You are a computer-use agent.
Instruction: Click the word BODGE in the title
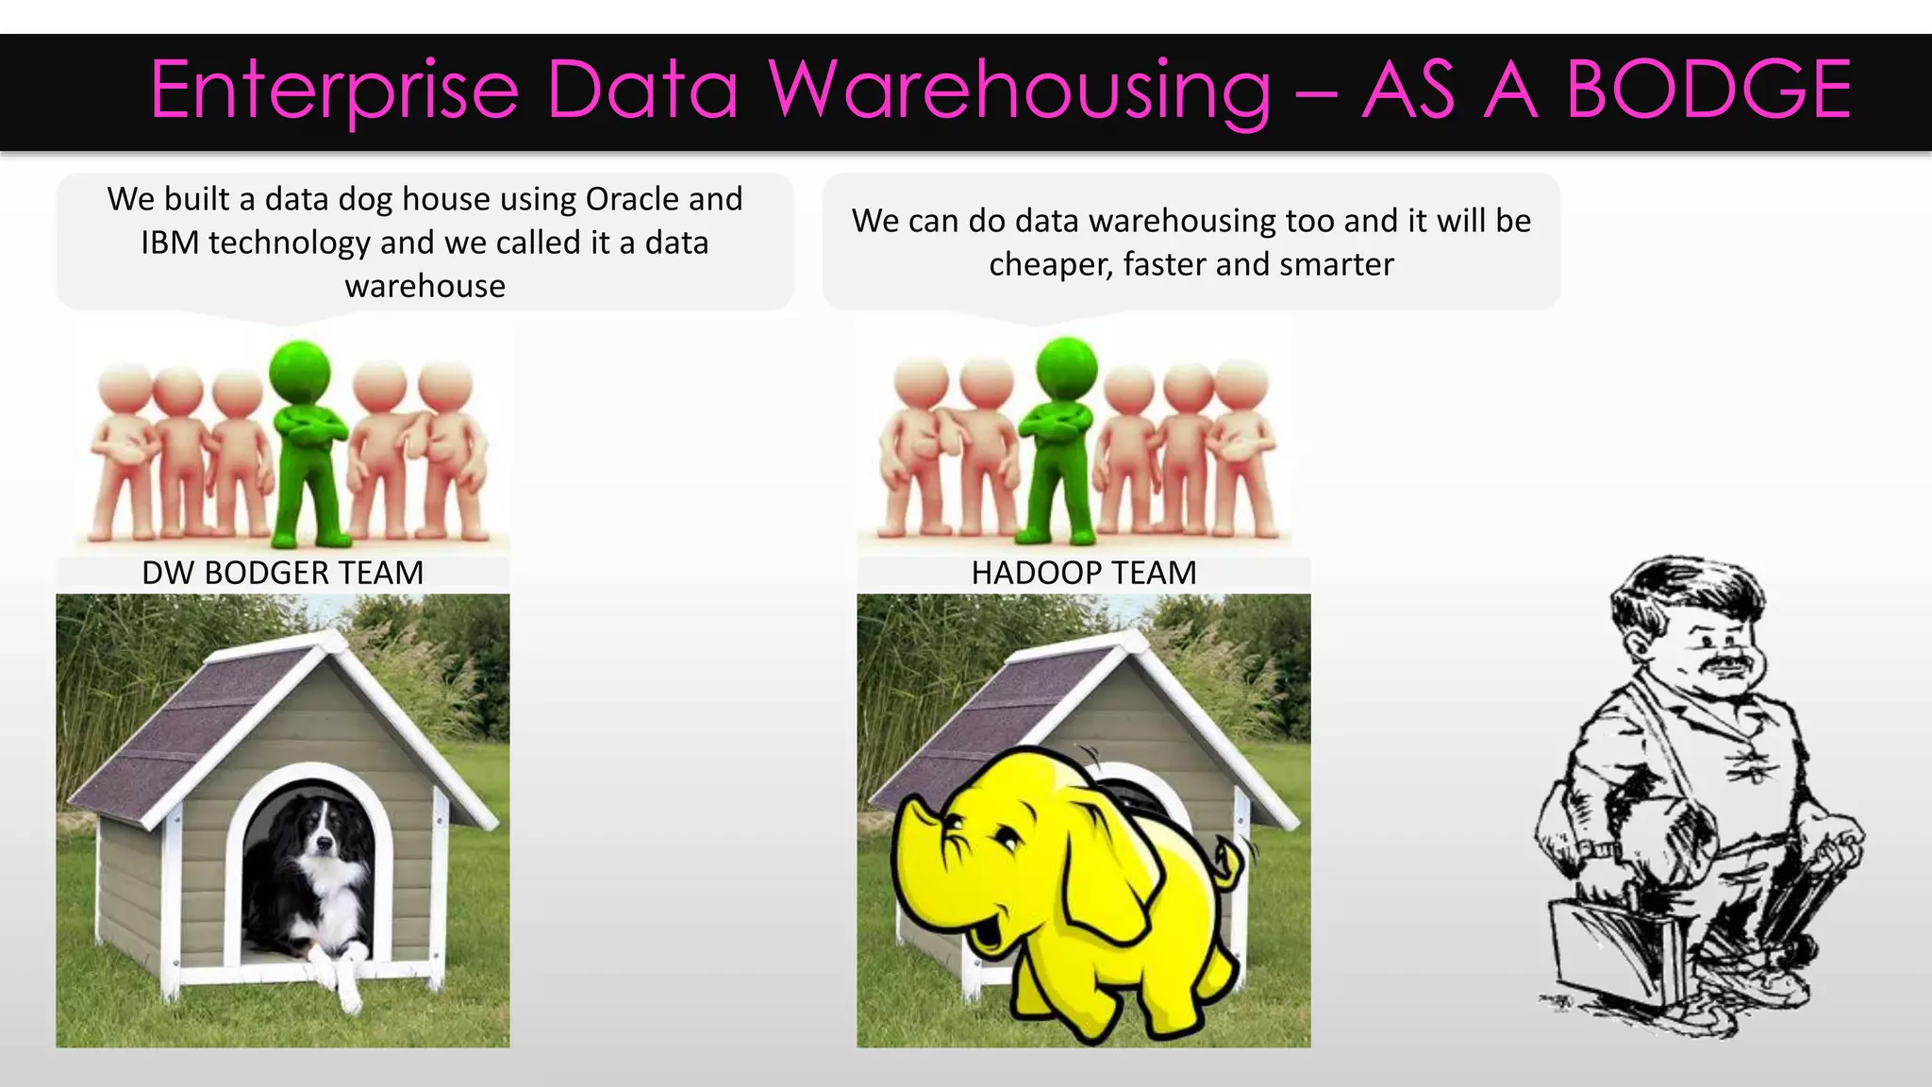pos(1708,90)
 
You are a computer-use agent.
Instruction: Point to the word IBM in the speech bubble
pos(170,243)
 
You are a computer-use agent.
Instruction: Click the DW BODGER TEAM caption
pos(282,573)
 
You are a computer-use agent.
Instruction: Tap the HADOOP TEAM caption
pos(1084,573)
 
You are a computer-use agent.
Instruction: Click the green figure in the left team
pos(303,443)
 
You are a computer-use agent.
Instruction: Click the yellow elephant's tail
pos(1231,863)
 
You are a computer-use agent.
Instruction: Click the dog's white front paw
pos(346,991)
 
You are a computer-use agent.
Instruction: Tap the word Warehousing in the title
pos(1019,92)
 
